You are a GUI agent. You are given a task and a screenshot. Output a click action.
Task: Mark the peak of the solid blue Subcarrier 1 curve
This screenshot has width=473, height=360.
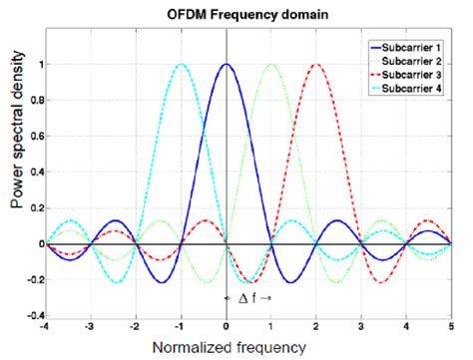pos(227,65)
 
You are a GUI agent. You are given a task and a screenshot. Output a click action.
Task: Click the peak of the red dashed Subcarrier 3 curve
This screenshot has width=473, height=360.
pos(316,65)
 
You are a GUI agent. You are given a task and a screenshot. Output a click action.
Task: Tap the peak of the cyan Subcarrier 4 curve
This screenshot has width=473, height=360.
pos(182,65)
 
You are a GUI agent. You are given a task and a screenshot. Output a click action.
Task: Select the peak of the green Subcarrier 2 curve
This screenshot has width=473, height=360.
pos(271,65)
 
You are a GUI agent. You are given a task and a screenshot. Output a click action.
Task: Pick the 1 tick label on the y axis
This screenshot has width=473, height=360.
pos(40,65)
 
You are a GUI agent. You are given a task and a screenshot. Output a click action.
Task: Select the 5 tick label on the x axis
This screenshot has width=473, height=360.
pos(451,326)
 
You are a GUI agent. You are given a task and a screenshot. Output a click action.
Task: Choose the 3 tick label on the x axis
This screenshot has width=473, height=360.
pos(361,326)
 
